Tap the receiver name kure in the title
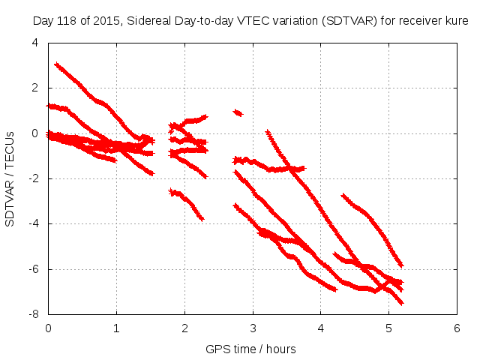pyautogui.click(x=457, y=21)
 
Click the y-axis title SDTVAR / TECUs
pyautogui.click(x=10, y=178)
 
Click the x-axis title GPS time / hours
pyautogui.click(x=251, y=349)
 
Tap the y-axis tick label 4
pyautogui.click(x=34, y=43)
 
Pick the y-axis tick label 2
pyautogui.click(x=34, y=88)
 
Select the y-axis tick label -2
pyautogui.click(x=33, y=178)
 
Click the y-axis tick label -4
pyautogui.click(x=33, y=223)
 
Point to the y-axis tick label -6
pyautogui.click(x=33, y=268)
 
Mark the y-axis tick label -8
pyautogui.click(x=33, y=313)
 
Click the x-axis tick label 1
pyautogui.click(x=116, y=328)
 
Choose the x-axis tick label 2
pyautogui.click(x=184, y=328)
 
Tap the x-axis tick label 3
pyautogui.click(x=253, y=328)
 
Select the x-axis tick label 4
pyautogui.click(x=321, y=328)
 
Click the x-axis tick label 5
pyautogui.click(x=389, y=328)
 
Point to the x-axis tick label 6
pyautogui.click(x=457, y=328)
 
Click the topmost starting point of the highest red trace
pyautogui.click(x=56, y=65)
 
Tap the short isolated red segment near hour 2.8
pyautogui.click(x=238, y=112)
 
